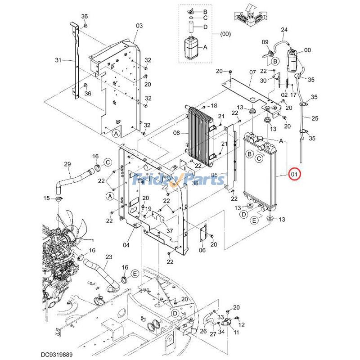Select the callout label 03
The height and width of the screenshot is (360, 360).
click(x=139, y=25)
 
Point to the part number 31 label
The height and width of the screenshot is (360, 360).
click(x=58, y=60)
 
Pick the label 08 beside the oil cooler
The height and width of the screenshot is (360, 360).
click(x=176, y=133)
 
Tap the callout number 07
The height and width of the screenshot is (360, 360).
click(x=252, y=72)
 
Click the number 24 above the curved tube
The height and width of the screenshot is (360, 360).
click(x=284, y=30)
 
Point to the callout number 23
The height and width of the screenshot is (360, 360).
click(x=108, y=257)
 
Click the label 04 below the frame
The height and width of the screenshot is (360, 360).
click(x=126, y=245)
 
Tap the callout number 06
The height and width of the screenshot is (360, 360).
click(x=202, y=250)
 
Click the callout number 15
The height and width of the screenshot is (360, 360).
click(x=47, y=198)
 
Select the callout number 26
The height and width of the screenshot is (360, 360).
click(x=203, y=332)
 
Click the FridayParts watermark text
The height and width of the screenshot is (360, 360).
click(x=180, y=180)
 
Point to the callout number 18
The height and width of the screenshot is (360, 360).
click(x=213, y=105)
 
